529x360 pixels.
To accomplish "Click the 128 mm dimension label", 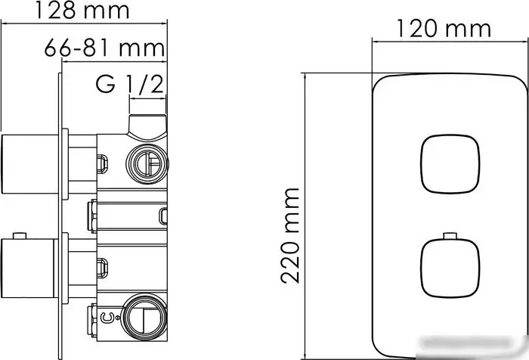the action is coord(82,11).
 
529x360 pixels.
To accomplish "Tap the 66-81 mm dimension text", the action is coord(104,48).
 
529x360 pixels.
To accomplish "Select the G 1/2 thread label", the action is coord(130,84).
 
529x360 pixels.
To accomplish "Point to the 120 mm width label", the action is coord(444,29).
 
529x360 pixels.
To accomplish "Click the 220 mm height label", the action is coord(290,235).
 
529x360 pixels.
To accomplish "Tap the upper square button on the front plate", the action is coord(450,164).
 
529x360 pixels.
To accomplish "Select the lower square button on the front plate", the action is coord(450,268).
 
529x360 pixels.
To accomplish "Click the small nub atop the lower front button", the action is coord(450,236).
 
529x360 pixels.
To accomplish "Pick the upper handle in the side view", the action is coord(29,164).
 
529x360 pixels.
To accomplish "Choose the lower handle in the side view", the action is coord(28,268).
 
